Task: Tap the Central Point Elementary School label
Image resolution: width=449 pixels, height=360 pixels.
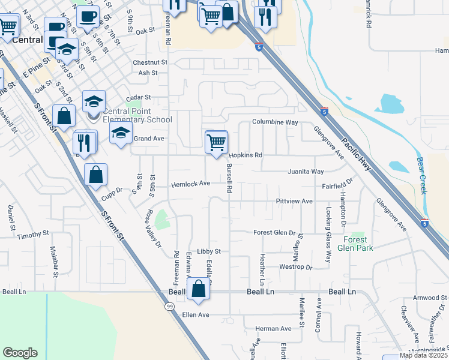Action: [x=137, y=115]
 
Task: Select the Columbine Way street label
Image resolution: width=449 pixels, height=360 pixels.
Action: [x=275, y=122]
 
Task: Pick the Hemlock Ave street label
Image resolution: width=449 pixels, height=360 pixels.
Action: [x=191, y=184]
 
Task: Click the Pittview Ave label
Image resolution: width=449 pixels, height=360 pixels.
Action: [x=294, y=201]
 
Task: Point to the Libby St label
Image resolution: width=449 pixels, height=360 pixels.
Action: [x=209, y=251]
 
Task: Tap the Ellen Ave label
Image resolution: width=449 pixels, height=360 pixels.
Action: [x=195, y=314]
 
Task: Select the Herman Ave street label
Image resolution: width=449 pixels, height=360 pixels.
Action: [x=273, y=329]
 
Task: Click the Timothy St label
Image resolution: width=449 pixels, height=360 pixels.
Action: [x=33, y=234]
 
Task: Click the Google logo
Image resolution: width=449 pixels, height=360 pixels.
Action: [x=20, y=353]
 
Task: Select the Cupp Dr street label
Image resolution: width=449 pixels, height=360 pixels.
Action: [x=112, y=190]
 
